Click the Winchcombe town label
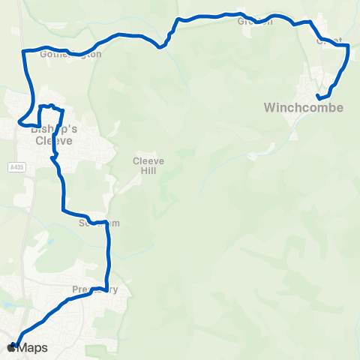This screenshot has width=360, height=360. coord(304,108)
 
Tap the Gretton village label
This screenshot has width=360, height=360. coord(255,21)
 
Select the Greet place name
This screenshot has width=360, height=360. coord(330,40)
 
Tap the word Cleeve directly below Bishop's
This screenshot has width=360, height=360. coord(52,139)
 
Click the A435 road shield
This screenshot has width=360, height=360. coord(19,166)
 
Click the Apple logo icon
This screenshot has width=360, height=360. coord(10,347)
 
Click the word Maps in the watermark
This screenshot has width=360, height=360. coord(33,347)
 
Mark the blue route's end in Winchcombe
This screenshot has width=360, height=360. coord(319,97)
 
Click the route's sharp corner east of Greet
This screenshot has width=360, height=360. coord(349,45)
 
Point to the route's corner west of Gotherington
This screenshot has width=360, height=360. coord(23,51)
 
